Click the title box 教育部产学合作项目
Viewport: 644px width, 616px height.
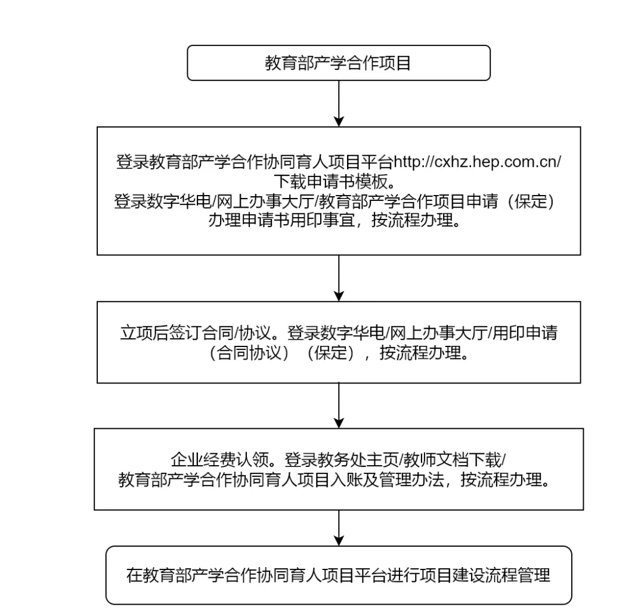point(339,63)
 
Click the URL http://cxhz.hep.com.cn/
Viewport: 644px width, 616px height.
point(477,162)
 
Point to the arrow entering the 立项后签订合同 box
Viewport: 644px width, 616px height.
point(339,278)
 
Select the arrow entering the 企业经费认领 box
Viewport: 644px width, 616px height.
point(339,405)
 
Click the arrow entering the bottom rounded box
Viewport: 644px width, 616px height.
point(339,528)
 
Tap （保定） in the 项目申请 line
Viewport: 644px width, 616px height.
point(531,201)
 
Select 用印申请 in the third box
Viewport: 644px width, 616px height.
point(525,333)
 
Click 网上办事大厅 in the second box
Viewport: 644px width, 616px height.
point(265,201)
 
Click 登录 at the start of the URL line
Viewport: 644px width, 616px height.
point(132,162)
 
